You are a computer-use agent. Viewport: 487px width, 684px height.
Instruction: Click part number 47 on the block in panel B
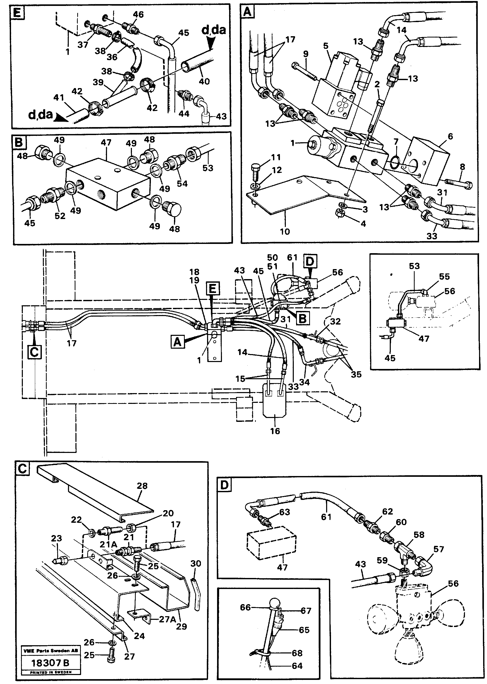[x=106, y=142]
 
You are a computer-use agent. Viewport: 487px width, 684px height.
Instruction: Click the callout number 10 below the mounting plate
[x=285, y=231]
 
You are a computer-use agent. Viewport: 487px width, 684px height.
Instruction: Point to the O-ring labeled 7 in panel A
[x=395, y=162]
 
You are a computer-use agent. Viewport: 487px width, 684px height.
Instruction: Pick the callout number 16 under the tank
[x=275, y=431]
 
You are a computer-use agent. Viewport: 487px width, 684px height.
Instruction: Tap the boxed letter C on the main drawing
[x=34, y=352]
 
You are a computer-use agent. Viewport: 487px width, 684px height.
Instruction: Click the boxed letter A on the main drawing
[x=178, y=342]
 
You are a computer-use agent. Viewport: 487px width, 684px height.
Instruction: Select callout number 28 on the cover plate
[x=142, y=486]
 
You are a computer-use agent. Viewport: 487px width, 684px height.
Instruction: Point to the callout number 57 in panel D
[x=439, y=549]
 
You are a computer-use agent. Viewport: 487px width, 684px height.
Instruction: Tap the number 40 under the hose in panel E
[x=204, y=81]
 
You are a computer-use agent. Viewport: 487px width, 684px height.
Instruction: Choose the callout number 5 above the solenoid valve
[x=326, y=46]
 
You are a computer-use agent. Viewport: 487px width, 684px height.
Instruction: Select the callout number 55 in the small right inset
[x=444, y=276]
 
